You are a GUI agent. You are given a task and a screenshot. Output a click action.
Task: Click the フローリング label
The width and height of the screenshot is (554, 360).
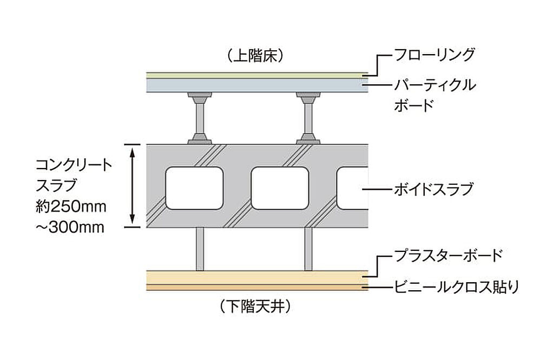point(434,55)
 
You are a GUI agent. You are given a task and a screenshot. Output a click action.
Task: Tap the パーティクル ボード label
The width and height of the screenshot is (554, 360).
point(435,95)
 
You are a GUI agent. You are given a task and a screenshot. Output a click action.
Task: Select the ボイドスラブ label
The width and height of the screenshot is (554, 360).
point(433,190)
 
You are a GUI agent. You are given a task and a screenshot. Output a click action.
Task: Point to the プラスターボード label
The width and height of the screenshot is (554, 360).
point(448,255)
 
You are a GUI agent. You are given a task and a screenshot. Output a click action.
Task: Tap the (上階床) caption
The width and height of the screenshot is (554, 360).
point(255,56)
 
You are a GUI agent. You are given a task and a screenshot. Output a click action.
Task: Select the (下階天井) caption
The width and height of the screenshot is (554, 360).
point(255,306)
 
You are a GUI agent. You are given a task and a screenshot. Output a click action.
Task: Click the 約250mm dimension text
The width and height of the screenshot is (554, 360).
point(71,206)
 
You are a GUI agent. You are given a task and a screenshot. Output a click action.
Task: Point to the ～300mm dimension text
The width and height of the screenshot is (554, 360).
point(70,227)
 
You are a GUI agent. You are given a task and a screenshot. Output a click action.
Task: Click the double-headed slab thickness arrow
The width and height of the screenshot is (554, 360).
point(132,185)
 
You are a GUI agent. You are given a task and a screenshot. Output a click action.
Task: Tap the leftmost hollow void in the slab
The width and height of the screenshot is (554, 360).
point(194,188)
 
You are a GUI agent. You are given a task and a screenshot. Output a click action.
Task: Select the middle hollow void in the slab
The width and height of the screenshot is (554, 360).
point(280,188)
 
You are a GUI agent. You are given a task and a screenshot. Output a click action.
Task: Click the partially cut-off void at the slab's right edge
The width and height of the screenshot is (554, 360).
point(352,188)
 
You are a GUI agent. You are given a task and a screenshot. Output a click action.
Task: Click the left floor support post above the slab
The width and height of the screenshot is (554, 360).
point(200,118)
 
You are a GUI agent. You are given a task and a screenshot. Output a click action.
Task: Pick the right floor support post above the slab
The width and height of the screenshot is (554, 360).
point(308,118)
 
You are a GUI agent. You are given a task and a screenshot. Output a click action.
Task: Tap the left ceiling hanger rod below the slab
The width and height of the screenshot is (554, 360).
point(200,249)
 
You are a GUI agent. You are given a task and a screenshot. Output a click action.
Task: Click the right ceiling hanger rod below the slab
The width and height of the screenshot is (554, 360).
point(308,249)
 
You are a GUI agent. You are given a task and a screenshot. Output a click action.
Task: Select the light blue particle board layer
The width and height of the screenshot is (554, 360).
point(258,85)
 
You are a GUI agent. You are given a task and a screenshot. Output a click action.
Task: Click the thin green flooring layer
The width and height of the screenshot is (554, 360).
point(258,75)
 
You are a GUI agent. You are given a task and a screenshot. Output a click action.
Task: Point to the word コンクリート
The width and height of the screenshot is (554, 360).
point(74,165)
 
